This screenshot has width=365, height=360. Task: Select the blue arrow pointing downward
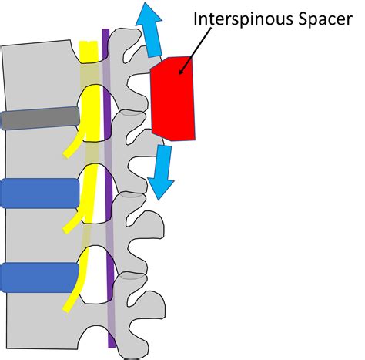(x=162, y=172)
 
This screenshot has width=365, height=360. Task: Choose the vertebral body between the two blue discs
(x=39, y=235)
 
